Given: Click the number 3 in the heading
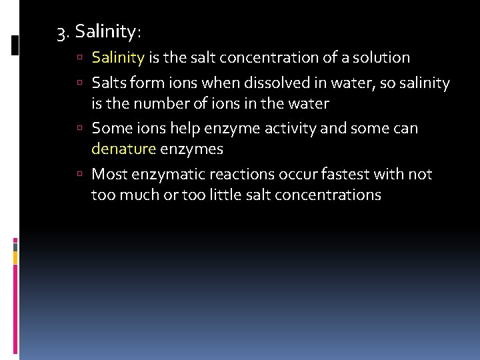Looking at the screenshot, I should click(x=61, y=31).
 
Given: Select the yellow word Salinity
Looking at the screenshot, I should click(x=118, y=58).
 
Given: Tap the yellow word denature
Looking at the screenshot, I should click(x=123, y=149).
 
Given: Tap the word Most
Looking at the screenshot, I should click(x=107, y=175).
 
